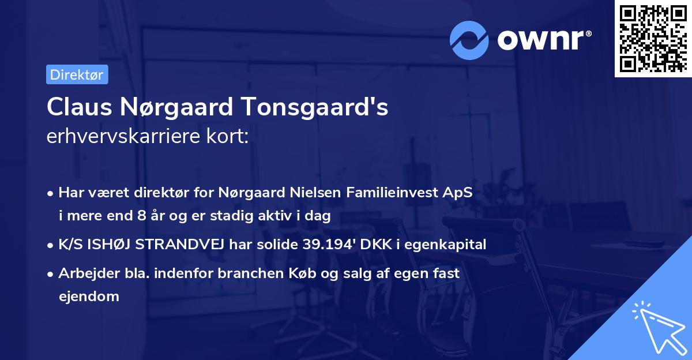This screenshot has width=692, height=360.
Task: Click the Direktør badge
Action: click(x=77, y=74)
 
